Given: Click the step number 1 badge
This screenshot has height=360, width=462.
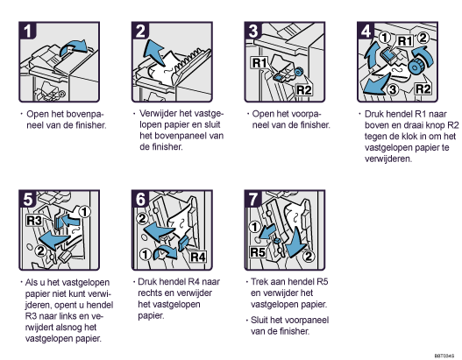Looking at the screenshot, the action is point(27,31).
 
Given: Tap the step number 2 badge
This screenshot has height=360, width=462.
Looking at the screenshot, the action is point(140,31).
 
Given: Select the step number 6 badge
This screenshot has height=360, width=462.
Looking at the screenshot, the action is point(140,200).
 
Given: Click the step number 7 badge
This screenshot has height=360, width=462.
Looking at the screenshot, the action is point(253,200).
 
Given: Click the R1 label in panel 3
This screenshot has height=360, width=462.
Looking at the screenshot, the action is point(259,63).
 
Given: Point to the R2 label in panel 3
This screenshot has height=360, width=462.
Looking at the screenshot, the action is point(303,89).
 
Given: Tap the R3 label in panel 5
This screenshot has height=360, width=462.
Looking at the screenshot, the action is point(34,220).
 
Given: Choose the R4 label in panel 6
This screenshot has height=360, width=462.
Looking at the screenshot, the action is point(198,257).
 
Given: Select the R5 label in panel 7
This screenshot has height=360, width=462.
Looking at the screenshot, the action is point(257,252).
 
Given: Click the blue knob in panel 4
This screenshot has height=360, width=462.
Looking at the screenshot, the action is point(416,67).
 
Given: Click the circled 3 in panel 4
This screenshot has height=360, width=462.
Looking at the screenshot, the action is point(393,89).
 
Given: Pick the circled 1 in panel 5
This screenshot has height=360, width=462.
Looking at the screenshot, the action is point(84,212).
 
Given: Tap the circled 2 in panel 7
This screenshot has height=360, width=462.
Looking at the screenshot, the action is point(309,256).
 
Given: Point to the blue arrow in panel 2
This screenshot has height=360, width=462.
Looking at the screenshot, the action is point(154,53).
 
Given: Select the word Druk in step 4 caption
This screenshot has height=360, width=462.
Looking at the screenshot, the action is point(373,114).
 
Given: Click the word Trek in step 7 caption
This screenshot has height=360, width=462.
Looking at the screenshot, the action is point(259,282).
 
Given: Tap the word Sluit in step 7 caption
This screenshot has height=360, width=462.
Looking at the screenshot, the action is point(259,320).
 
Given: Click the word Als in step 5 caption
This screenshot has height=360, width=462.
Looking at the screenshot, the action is point(31,282).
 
